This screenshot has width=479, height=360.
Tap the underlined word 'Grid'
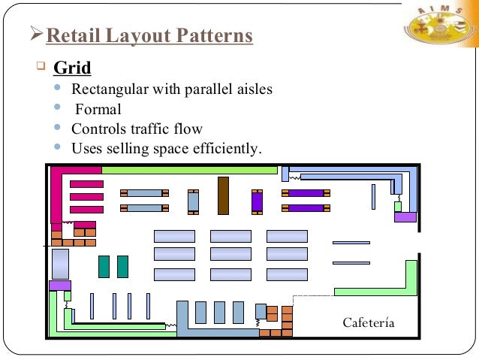click(x=72, y=68)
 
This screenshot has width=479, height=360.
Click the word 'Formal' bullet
click(x=98, y=109)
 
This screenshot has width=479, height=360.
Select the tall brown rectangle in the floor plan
click(x=223, y=195)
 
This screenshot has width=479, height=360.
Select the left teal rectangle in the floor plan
click(x=104, y=267)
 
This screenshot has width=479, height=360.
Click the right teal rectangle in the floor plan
click(x=122, y=267)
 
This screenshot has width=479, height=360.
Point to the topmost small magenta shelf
click(x=86, y=184)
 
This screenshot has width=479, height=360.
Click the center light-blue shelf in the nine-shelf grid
click(x=230, y=254)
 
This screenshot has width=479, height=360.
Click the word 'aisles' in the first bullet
click(x=255, y=90)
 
